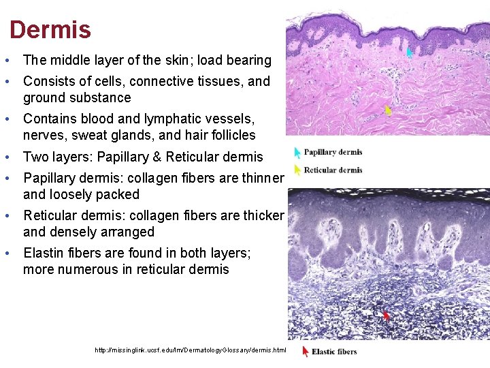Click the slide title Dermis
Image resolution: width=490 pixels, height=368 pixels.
[50, 29]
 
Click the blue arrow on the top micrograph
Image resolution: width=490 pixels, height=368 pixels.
[410, 52]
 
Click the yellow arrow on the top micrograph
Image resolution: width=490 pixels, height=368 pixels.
[388, 110]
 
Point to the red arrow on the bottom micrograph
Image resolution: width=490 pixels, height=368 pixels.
[387, 316]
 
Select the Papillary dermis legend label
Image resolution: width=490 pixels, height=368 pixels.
[332, 152]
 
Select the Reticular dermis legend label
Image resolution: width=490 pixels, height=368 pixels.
[332, 170]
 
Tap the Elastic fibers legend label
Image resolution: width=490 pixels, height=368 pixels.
[333, 352]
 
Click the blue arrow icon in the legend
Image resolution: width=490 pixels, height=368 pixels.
[297, 153]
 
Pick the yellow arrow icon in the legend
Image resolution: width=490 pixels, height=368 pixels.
[297, 170]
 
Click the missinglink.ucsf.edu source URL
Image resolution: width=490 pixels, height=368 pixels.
[191, 350]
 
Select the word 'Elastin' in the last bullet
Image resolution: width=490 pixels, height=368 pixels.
[44, 253]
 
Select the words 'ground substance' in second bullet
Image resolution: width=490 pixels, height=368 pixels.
[76, 97]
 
